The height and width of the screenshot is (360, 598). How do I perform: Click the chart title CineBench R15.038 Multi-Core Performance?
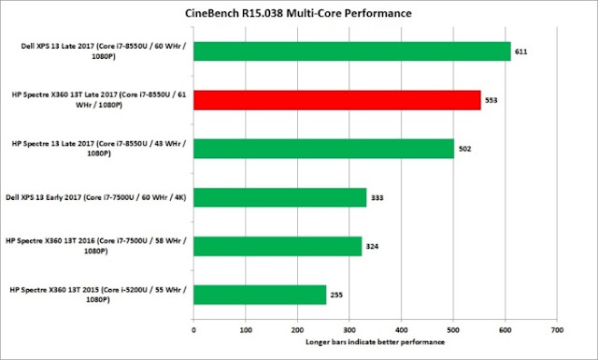coord(298,13)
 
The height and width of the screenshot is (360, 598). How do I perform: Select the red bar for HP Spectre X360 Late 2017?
coord(337,100)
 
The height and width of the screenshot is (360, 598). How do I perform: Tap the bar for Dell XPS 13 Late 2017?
coord(352,51)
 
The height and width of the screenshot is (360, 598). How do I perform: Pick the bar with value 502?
coord(324,149)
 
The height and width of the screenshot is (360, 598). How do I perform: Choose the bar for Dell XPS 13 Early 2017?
coord(280,197)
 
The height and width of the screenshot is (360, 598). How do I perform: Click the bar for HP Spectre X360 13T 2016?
coord(278,246)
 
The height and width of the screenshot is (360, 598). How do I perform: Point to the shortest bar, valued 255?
coord(260,295)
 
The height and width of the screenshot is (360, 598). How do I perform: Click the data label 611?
coord(521,51)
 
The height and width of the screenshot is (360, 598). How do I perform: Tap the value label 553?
coord(491,100)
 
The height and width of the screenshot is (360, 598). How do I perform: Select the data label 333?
coord(377,197)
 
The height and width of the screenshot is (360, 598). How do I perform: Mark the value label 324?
coord(372,247)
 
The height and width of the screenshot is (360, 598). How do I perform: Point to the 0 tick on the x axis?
coord(193,330)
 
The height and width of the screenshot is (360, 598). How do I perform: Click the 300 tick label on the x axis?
coord(349,330)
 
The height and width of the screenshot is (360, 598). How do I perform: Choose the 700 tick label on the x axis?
coord(557,330)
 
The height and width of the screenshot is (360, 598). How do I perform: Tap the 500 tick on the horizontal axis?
coord(453,330)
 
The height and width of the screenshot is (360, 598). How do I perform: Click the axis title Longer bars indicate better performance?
coord(376,342)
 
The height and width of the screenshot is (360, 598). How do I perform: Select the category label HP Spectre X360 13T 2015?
coord(98,295)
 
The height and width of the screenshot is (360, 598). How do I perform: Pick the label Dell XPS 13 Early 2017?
coord(96,197)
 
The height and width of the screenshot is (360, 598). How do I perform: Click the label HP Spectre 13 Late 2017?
coord(99,149)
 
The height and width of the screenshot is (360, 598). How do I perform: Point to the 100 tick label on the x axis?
coord(246,330)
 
